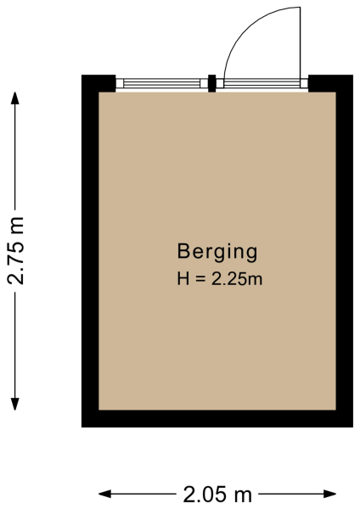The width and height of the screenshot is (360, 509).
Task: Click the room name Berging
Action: [217, 252]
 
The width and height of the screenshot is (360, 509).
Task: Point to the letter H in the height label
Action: [183, 277]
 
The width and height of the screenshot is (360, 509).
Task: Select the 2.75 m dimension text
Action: [17, 249]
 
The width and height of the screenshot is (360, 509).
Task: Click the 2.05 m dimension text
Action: [217, 493]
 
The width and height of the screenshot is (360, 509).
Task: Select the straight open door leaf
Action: [301, 42]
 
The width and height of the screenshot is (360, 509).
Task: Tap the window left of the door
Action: [162, 83]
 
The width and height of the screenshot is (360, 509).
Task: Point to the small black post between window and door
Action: [212, 83]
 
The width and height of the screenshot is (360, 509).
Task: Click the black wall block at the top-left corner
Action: [98, 83]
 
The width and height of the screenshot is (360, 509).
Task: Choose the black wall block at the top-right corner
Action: [330, 83]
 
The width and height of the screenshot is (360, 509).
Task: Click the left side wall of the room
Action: [90, 255]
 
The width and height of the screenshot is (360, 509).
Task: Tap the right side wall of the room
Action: [345, 255]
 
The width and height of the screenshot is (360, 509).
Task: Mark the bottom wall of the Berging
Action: [217, 418]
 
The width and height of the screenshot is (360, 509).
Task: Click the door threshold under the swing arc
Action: [262, 83]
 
